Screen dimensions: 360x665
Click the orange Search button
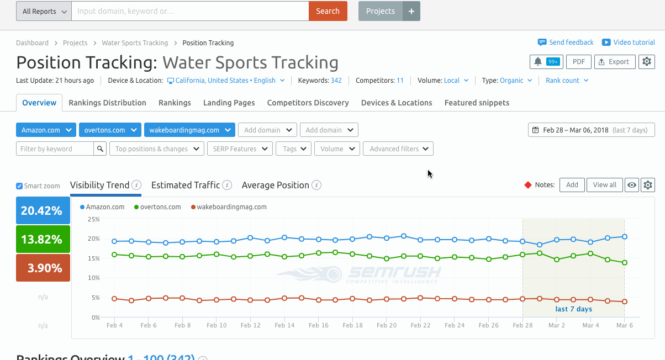pyautogui.click(x=328, y=11)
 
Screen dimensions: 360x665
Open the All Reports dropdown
pyautogui.click(x=44, y=11)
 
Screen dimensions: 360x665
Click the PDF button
pyautogui.click(x=578, y=62)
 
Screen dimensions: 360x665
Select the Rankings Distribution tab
pyautogui.click(x=107, y=103)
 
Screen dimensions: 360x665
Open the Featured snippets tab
pyautogui.click(x=477, y=103)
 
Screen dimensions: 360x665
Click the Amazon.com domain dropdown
pyautogui.click(x=46, y=130)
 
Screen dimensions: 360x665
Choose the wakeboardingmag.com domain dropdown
pyautogui.click(x=189, y=130)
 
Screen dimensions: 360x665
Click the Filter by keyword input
pyautogui.click(x=55, y=149)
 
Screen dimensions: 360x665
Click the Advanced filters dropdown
pyautogui.click(x=398, y=149)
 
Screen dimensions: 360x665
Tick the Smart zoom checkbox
pyautogui.click(x=20, y=186)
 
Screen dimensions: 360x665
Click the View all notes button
pyautogui.click(x=604, y=185)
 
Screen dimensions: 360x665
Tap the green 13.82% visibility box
pyautogui.click(x=43, y=239)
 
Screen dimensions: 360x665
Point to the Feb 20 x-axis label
pyautogui.click(x=387, y=326)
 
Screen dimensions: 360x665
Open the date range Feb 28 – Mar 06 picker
pyautogui.click(x=591, y=130)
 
